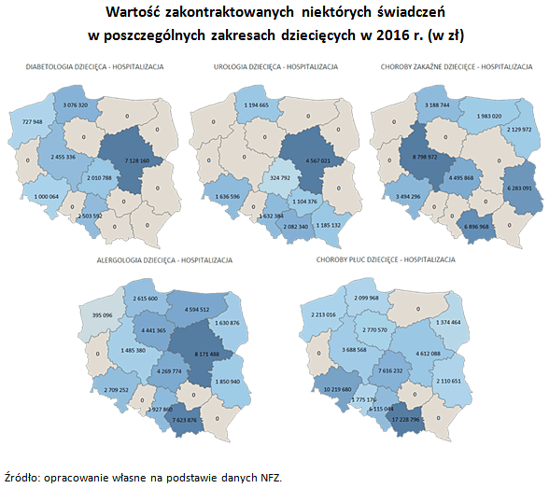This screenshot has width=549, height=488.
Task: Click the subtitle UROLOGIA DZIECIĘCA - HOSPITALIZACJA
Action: (275, 67)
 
